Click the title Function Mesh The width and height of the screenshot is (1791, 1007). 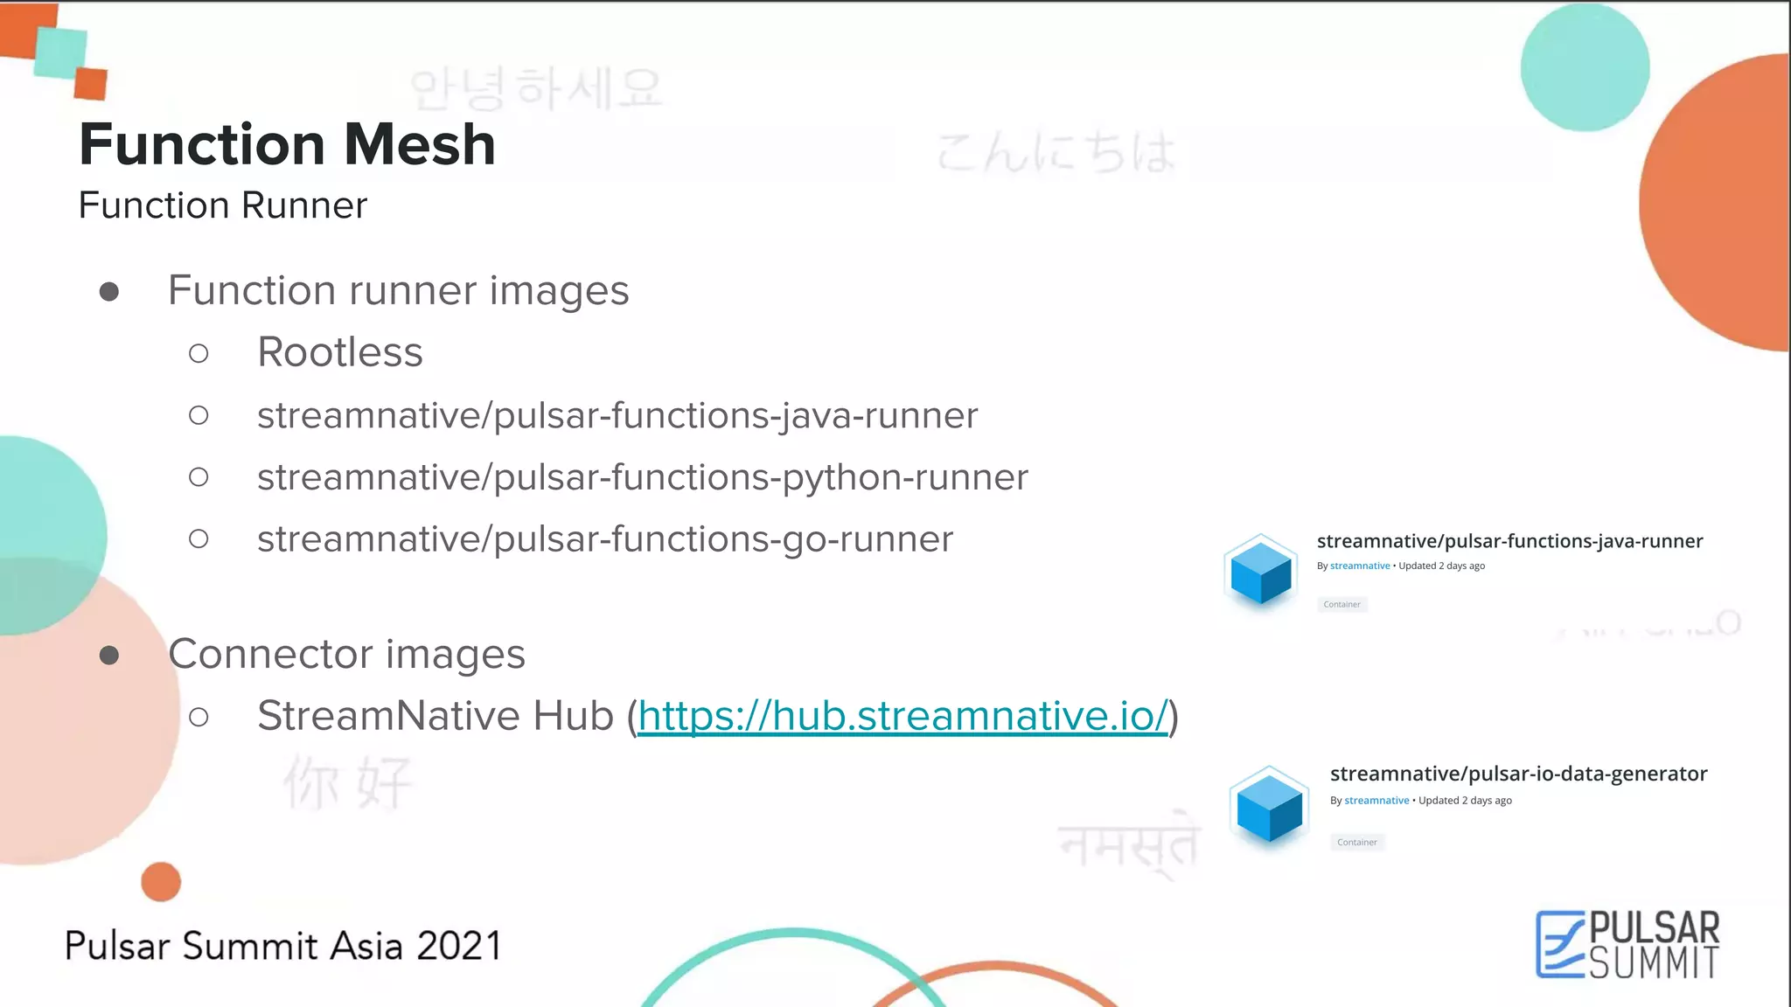[x=287, y=144]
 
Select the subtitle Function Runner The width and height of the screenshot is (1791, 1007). [x=223, y=205]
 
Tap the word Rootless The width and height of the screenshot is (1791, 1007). [x=340, y=352]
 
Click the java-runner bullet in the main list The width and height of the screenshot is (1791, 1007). [x=617, y=415]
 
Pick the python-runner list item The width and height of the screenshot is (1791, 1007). [x=643, y=477]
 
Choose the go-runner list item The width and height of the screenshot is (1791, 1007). [x=605, y=539]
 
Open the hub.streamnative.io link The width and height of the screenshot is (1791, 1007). [x=902, y=716]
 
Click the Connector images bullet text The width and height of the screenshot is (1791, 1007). [x=346, y=654]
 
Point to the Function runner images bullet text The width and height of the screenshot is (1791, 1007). [x=398, y=290]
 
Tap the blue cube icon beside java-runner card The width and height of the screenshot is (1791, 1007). [x=1260, y=573]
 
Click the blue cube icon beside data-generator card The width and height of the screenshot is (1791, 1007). [x=1269, y=806]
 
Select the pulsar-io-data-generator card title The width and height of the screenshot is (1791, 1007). [x=1518, y=774]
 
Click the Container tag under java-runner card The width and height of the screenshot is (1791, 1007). [x=1342, y=604]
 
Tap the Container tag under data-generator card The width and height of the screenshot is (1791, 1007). [x=1356, y=842]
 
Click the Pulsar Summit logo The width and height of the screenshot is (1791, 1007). [x=1627, y=944]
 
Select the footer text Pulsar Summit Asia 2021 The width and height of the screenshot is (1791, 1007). [x=283, y=946]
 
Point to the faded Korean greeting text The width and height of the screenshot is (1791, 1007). [x=536, y=89]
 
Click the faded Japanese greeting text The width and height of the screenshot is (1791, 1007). [x=1056, y=152]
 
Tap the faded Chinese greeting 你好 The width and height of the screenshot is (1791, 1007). [x=347, y=782]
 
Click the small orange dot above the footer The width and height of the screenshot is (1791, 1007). [x=161, y=881]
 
